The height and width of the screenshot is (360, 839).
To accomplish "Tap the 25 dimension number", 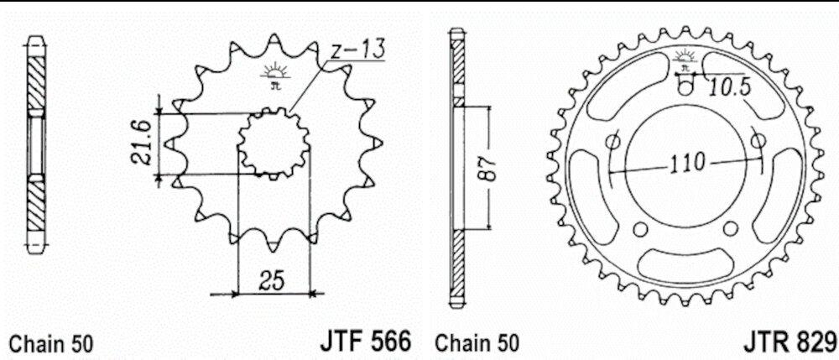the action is point(271,280).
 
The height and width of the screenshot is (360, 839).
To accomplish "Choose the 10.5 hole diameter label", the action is point(729,87).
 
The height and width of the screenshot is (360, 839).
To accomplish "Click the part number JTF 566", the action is point(366,341).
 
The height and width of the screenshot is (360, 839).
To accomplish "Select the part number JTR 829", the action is point(790,342).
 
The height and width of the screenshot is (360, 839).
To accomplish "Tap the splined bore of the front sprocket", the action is point(274,143).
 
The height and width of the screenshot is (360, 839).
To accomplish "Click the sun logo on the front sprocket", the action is point(275,71).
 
